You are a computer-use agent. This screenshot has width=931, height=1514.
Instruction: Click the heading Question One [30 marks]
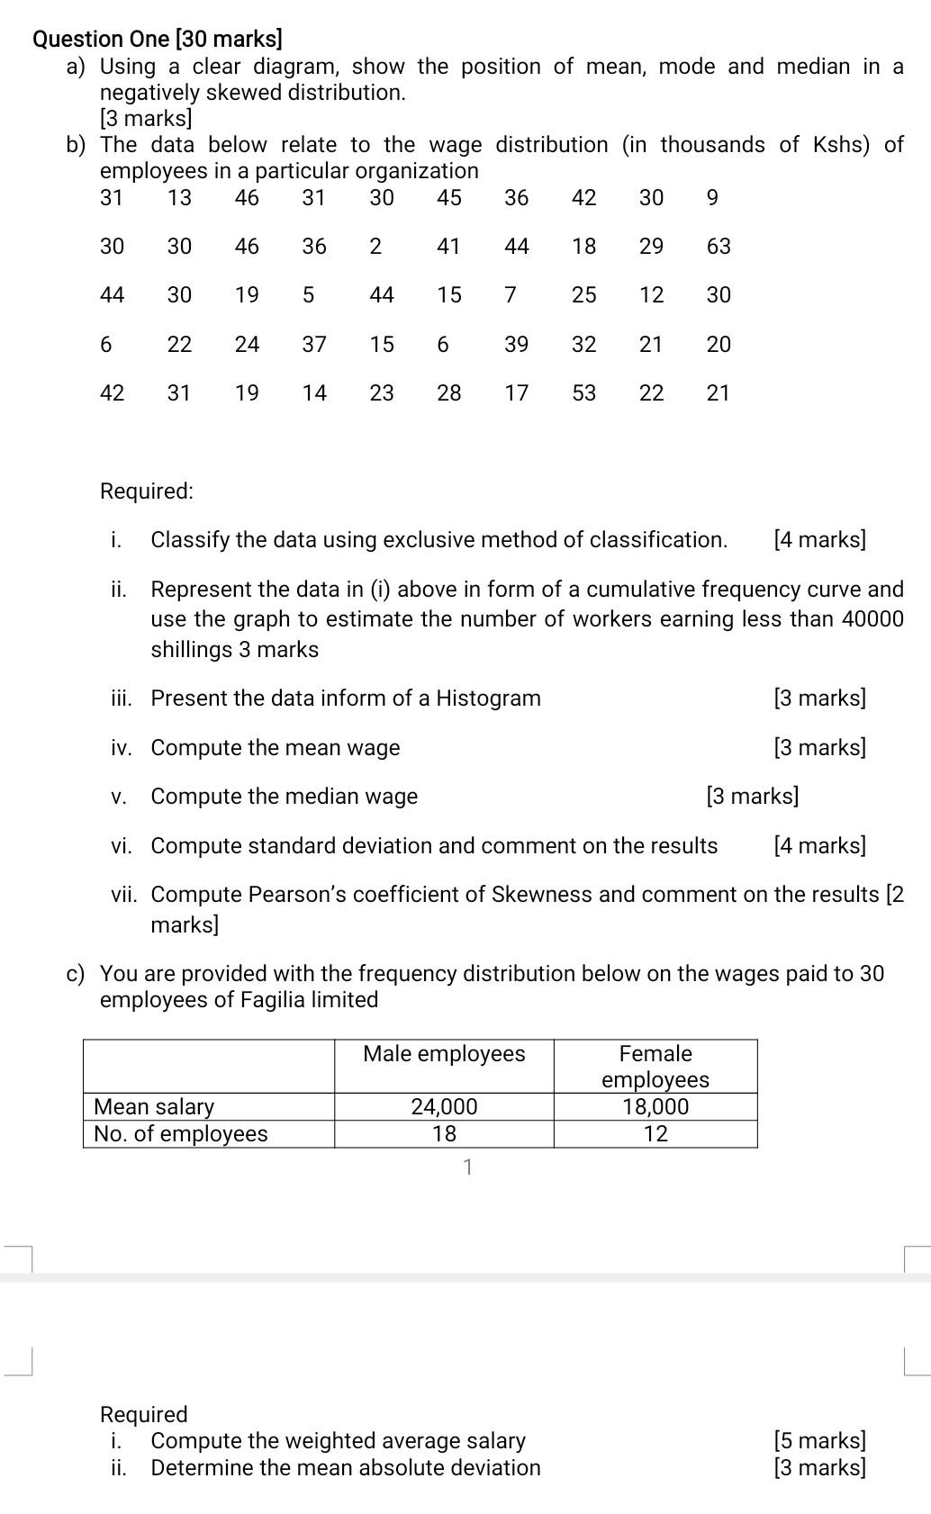[x=157, y=39]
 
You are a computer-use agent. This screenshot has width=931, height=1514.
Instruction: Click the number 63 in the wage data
[x=718, y=246]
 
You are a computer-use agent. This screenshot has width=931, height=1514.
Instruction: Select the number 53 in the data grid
[x=583, y=392]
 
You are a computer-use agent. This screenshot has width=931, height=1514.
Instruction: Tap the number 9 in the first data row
[x=712, y=197]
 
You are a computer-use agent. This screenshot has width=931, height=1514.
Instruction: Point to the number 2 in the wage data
[x=375, y=246]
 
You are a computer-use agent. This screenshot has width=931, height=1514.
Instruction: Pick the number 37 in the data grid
[x=313, y=344]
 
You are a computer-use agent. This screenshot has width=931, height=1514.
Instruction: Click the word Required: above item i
[x=146, y=491]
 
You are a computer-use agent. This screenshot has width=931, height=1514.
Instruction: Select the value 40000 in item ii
[x=872, y=618]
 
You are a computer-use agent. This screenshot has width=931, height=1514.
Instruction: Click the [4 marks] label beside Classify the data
[x=819, y=539]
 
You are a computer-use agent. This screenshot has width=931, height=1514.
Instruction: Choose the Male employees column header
[x=444, y=1053]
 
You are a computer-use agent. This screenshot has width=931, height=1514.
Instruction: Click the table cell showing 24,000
[x=444, y=1106]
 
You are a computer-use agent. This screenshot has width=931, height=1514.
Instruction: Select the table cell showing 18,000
[x=655, y=1106]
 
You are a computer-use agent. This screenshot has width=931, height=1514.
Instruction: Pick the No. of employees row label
[x=181, y=1133]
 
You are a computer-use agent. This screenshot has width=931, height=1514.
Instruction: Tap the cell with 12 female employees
[x=655, y=1133]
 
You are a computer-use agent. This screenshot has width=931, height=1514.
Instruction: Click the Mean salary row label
[x=154, y=1106]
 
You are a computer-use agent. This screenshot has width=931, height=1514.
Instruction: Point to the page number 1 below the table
[x=466, y=1167]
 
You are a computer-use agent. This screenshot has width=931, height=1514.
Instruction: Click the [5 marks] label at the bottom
[x=819, y=1440]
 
